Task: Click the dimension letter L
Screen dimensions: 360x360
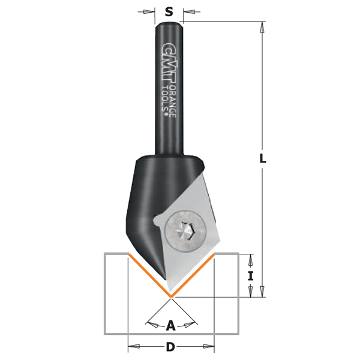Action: coord(262,159)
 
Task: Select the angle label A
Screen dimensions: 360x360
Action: coord(170,326)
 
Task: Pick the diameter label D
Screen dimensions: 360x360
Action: coord(170,347)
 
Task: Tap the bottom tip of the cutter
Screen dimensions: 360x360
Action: coord(171,296)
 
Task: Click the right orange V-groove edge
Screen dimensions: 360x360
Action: coord(193,275)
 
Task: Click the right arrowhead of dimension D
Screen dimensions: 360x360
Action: coord(209,347)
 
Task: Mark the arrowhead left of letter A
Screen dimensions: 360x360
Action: coord(152,325)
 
